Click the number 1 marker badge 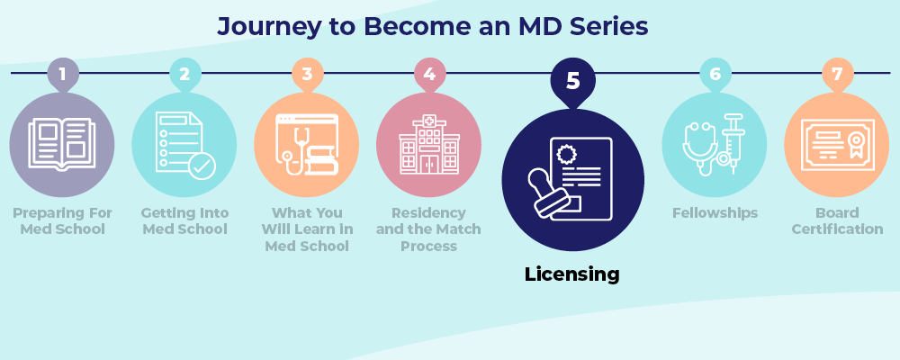(62, 74)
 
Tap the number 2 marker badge (184, 74)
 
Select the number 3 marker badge (307, 74)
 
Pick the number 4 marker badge (429, 74)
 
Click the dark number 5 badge (572, 81)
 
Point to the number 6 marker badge (715, 74)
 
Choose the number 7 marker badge (837, 74)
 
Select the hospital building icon (429, 144)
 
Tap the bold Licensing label (572, 274)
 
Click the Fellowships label (715, 213)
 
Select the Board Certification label (837, 221)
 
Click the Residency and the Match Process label (429, 229)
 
